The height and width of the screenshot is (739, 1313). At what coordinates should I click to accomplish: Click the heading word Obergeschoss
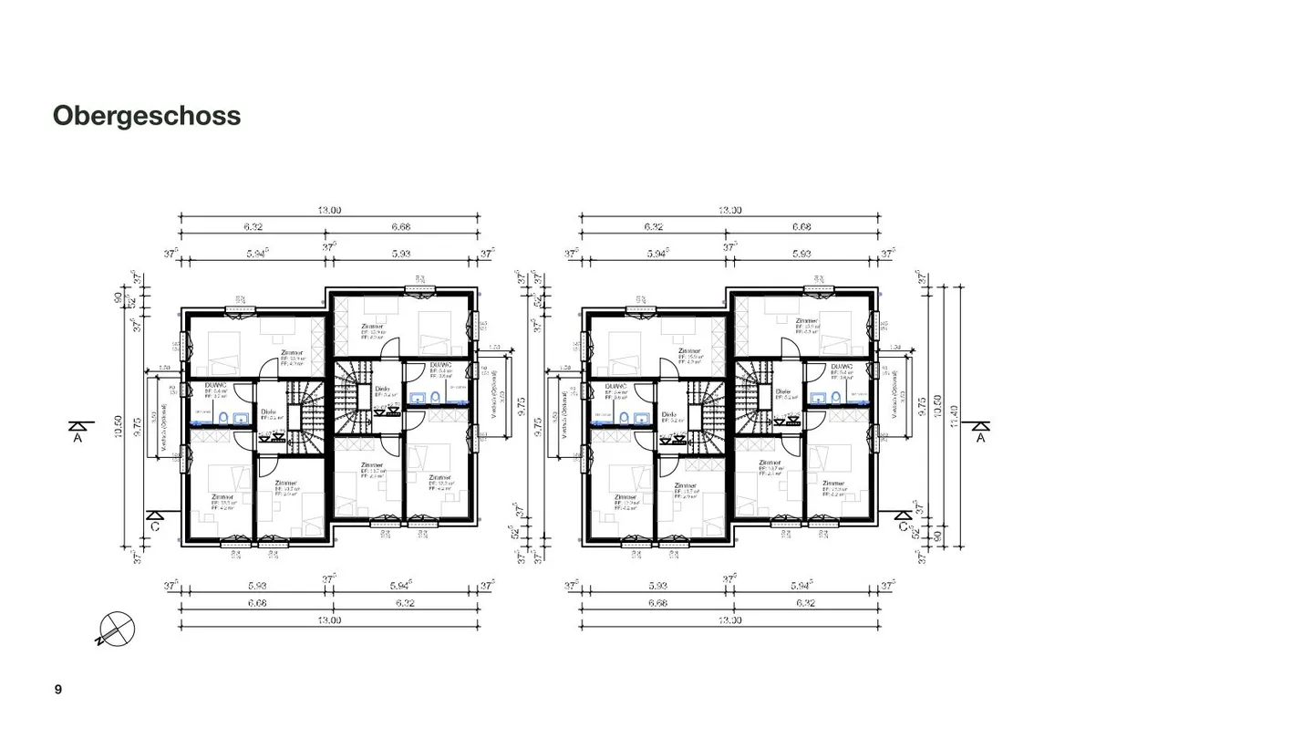(x=147, y=116)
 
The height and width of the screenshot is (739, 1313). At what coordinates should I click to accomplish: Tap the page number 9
(x=58, y=689)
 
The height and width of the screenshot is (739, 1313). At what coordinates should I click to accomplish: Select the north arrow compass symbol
(x=117, y=629)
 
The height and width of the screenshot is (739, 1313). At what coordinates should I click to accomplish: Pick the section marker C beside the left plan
(x=155, y=520)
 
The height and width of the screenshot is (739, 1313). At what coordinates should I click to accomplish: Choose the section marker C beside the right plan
(x=905, y=520)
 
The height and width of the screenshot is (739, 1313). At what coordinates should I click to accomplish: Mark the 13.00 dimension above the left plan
(x=329, y=210)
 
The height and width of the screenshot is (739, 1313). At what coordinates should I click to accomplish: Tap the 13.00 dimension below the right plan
(x=729, y=620)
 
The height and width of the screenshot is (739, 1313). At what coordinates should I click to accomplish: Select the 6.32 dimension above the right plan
(x=653, y=227)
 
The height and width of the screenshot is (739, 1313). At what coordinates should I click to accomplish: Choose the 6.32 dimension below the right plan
(x=804, y=603)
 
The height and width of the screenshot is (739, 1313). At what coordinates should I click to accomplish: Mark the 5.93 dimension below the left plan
(x=256, y=586)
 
